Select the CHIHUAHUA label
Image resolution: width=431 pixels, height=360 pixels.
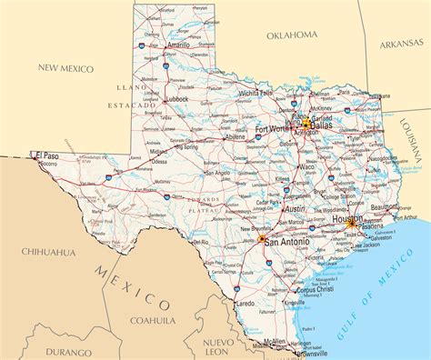pyautogui.click(x=36, y=252)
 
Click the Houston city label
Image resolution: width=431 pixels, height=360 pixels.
pyautogui.click(x=346, y=220)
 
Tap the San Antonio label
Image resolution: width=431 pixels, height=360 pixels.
pyautogui.click(x=285, y=243)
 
